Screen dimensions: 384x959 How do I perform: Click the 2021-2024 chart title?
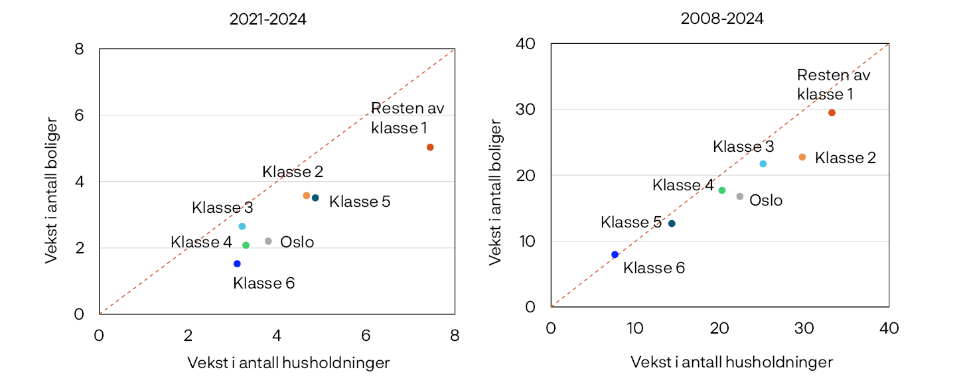pyautogui.click(x=267, y=20)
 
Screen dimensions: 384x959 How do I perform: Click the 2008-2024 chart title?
pyautogui.click(x=721, y=19)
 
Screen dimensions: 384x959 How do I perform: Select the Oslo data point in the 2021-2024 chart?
pyautogui.click(x=268, y=241)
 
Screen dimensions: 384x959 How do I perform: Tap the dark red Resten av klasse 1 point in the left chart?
pyautogui.click(x=430, y=147)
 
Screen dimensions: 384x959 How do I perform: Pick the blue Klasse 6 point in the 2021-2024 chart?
pyautogui.click(x=237, y=264)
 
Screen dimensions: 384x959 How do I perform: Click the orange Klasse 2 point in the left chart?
pyautogui.click(x=306, y=196)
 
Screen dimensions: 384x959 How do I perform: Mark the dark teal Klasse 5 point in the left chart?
pyautogui.click(x=315, y=198)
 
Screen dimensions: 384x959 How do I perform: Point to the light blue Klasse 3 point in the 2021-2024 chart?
pyautogui.click(x=242, y=226)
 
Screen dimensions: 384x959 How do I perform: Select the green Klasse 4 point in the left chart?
pyautogui.click(x=246, y=245)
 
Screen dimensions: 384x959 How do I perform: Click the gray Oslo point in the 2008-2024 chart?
pyautogui.click(x=740, y=196)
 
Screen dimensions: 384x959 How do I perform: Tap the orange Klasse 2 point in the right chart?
pyautogui.click(x=802, y=157)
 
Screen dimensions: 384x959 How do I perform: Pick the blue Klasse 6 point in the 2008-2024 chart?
pyautogui.click(x=615, y=255)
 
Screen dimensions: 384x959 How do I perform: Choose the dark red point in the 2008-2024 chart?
pyautogui.click(x=832, y=113)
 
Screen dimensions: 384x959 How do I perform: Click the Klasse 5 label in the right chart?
pyautogui.click(x=630, y=222)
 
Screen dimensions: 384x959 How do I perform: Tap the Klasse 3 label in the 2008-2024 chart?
pyautogui.click(x=743, y=147)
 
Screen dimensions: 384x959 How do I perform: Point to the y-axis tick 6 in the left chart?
pyautogui.click(x=79, y=115)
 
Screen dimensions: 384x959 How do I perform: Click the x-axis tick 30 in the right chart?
pyautogui.click(x=804, y=328)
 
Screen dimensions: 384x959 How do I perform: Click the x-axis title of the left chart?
pyautogui.click(x=288, y=363)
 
